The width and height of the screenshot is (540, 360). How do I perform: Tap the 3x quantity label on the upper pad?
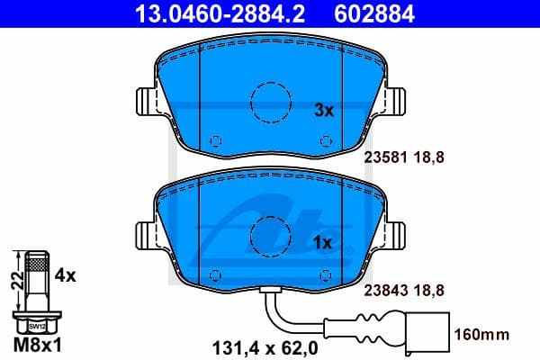323,111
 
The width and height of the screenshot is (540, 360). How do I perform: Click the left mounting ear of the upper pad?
144,103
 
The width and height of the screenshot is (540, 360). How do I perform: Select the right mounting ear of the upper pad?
396,103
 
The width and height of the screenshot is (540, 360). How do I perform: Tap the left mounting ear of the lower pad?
144,236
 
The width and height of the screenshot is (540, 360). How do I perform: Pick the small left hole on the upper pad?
215,140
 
